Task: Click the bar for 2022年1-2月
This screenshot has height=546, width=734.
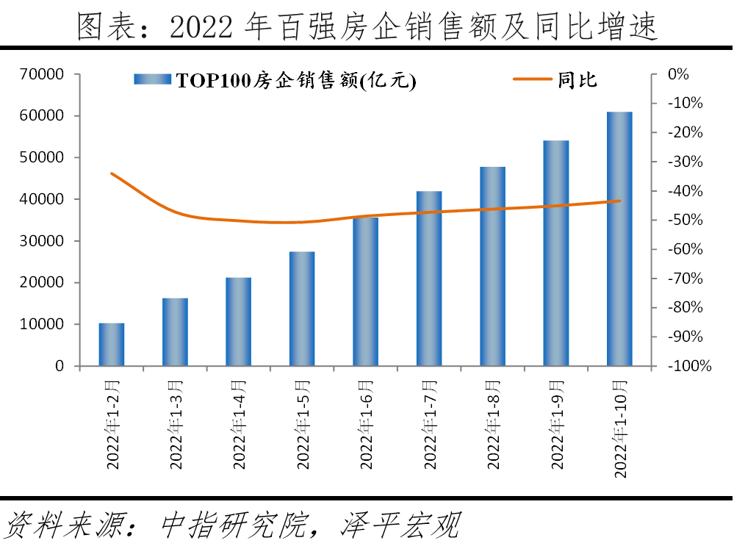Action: click(112, 345)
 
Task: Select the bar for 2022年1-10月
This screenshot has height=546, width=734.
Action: click(619, 239)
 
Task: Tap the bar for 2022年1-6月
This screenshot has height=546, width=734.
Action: click(365, 292)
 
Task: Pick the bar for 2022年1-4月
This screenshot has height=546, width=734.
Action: click(238, 322)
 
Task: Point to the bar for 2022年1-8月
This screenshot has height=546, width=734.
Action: click(492, 266)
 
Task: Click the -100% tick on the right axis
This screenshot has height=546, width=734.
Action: click(686, 366)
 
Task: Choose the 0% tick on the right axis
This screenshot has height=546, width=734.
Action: click(677, 74)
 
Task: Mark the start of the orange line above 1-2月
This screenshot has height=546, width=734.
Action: click(112, 173)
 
